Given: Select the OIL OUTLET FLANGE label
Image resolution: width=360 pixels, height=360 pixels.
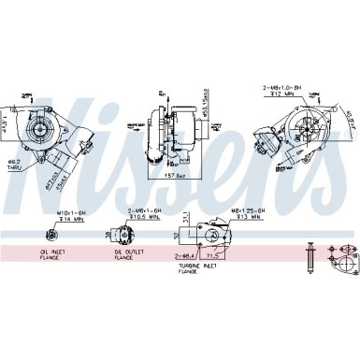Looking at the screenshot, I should click(x=128, y=254).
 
